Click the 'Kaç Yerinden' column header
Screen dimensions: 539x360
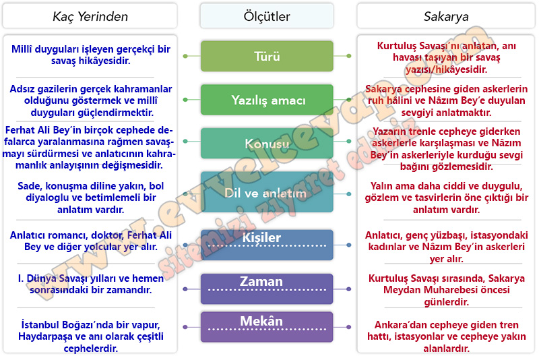pos(90,16)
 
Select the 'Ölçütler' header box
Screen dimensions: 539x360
pos(267,16)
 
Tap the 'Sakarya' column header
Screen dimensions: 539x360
pos(446,16)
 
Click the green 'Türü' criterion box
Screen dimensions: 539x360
pos(267,56)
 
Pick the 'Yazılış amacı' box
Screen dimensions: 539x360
pos(267,100)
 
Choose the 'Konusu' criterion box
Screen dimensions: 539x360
pos(267,143)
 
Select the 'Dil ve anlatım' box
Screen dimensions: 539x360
pos(267,192)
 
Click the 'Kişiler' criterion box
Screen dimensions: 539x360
pos(267,245)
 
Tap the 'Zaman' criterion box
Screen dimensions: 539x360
pos(267,289)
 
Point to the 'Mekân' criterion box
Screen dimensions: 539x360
pos(267,327)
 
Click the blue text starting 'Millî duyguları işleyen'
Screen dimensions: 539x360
pos(91,55)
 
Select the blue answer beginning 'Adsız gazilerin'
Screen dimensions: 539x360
pos(91,100)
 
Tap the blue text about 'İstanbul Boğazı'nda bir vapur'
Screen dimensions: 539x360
pos(91,336)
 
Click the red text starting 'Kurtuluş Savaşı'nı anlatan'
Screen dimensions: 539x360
pos(446,57)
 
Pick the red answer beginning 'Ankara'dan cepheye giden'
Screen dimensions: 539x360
pos(446,336)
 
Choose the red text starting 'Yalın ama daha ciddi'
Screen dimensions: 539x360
pos(446,198)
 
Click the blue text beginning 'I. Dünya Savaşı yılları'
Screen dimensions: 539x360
pos(91,284)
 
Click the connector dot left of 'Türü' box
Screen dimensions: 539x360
pos(185,56)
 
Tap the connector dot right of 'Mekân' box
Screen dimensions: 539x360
pos(348,327)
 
